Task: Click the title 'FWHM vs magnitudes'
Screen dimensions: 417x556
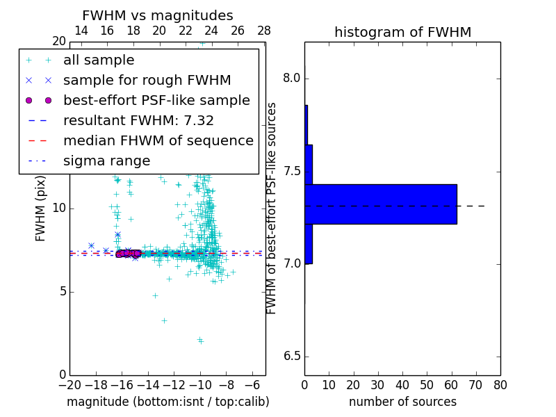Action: pyautogui.click(x=158, y=15)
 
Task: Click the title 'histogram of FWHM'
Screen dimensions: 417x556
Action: pyautogui.click(x=402, y=32)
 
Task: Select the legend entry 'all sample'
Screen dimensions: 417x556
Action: pyautogui.click(x=99, y=60)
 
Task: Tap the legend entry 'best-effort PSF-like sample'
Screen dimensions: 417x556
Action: pyautogui.click(x=156, y=101)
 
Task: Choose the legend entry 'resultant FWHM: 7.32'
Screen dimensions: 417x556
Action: pyautogui.click(x=138, y=121)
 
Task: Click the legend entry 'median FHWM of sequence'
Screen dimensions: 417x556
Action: pyautogui.click(x=158, y=141)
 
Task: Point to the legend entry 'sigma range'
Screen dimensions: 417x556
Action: pyautogui.click(x=106, y=161)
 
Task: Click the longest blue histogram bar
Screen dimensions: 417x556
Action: pyautogui.click(x=381, y=204)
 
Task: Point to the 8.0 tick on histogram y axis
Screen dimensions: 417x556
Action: pyautogui.click(x=291, y=79)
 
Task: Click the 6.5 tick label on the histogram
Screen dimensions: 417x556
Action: pyautogui.click(x=291, y=357)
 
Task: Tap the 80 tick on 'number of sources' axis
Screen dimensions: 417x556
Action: pyautogui.click(x=500, y=384)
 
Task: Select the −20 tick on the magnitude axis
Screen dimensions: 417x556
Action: pyautogui.click(x=69, y=384)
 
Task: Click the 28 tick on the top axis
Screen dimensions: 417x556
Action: pyautogui.click(x=264, y=31)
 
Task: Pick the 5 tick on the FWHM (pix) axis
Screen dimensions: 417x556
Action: pyautogui.click(x=60, y=291)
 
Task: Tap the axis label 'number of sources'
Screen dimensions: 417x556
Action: pyautogui.click(x=402, y=402)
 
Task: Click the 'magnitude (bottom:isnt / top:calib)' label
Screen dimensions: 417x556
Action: pyautogui.click(x=167, y=402)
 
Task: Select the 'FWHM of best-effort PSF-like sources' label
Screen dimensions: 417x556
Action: pyautogui.click(x=272, y=208)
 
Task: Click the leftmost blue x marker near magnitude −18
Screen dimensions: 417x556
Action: pyautogui.click(x=91, y=245)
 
